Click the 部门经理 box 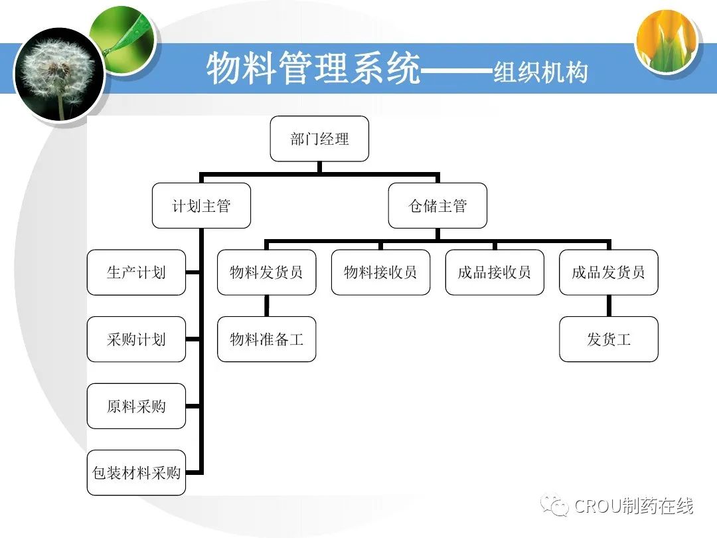pos(319,139)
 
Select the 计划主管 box pos(202,206)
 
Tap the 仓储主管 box pos(438,206)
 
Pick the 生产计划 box pos(136,272)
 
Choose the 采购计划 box pos(136,339)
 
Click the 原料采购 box pos(136,406)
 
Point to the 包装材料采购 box pos(136,473)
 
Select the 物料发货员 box pos(266,272)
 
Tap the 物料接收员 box pos(380,272)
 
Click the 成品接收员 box pos(495,272)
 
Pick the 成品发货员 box pos(608,272)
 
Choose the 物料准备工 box pos(266,339)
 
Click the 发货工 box pos(608,339)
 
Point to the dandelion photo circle pos(59,74)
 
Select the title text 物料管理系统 pos(313,68)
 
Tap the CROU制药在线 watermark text pos(633,506)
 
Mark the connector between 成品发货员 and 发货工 pos(608,306)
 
